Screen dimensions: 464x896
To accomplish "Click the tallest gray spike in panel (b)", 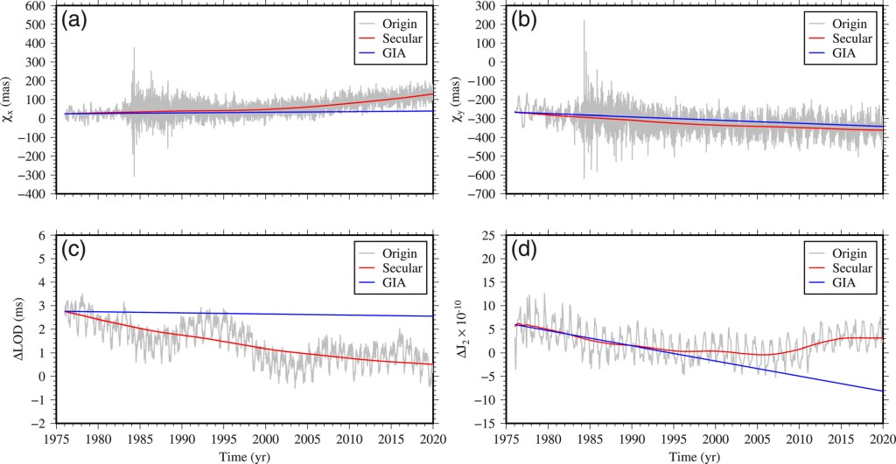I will click(584, 22).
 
